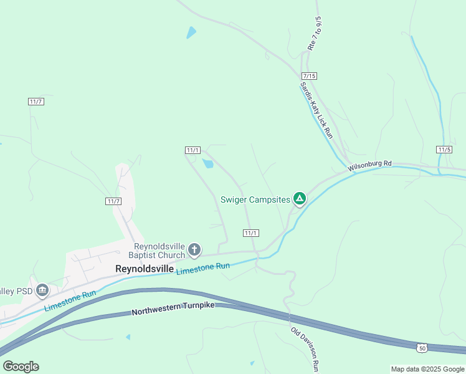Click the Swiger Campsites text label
[255, 200]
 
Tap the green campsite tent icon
[300, 199]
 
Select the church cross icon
[194, 250]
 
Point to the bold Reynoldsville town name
[145, 269]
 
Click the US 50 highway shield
[422, 346]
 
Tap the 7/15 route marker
[309, 75]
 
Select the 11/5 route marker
[444, 150]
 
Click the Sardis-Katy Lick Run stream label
[316, 110]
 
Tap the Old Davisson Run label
[305, 348]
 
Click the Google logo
[21, 367]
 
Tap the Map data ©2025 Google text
[427, 369]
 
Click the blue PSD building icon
[42, 290]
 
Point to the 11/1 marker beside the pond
[193, 150]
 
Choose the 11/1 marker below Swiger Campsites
[250, 233]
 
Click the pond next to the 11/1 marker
[207, 164]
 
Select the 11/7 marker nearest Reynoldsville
[113, 201]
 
